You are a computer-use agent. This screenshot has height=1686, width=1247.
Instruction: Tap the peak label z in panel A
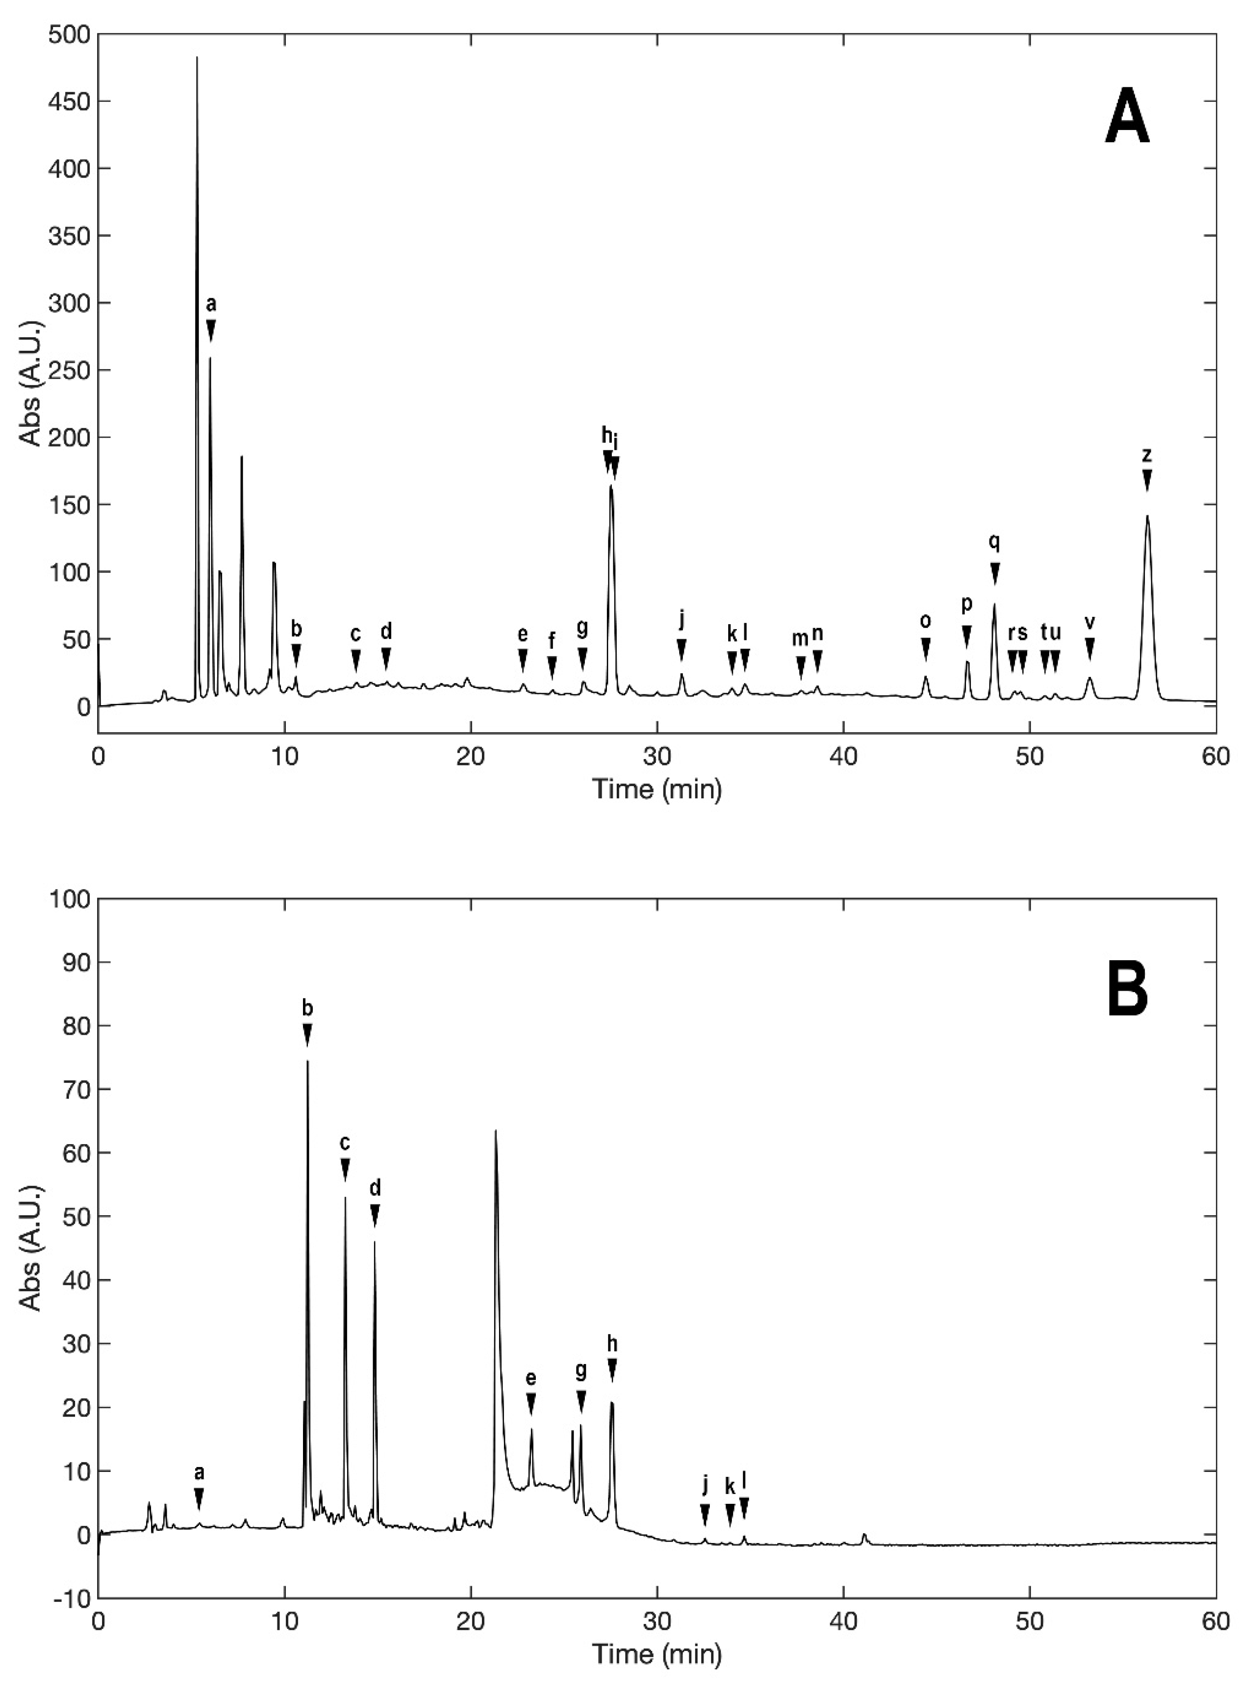pyautogui.click(x=1147, y=455)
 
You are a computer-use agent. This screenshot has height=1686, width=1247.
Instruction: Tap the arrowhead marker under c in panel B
pyautogui.click(x=345, y=1170)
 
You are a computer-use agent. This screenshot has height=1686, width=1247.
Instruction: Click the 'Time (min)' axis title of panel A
pyautogui.click(x=657, y=790)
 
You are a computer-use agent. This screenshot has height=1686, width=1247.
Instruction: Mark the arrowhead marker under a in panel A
pyautogui.click(x=211, y=330)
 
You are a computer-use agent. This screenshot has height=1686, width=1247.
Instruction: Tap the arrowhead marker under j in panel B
pyautogui.click(x=705, y=1514)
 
